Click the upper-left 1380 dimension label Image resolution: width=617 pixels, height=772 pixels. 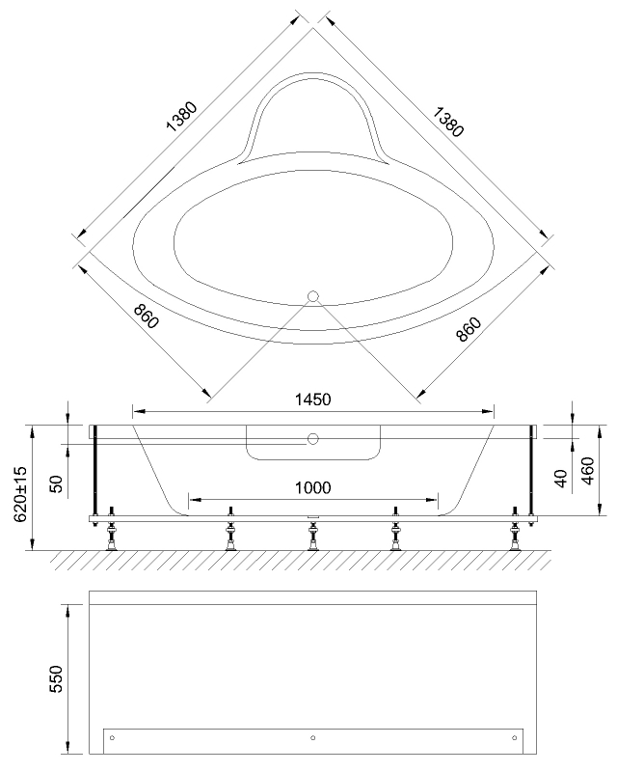point(181,114)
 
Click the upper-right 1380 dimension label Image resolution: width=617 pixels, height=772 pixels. point(445,114)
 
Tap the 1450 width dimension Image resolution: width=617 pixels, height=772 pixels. point(312,400)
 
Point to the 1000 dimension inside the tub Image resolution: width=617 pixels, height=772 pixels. point(312,487)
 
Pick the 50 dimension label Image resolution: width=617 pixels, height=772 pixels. point(55,483)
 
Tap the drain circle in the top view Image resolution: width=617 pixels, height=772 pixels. point(312,297)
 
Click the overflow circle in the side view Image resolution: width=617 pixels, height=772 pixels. point(312,440)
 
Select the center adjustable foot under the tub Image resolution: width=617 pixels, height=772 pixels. point(312,536)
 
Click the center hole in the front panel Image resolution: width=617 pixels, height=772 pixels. point(312,738)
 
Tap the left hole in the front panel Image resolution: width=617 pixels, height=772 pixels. point(113,738)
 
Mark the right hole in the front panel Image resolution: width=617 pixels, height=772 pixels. point(512,738)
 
